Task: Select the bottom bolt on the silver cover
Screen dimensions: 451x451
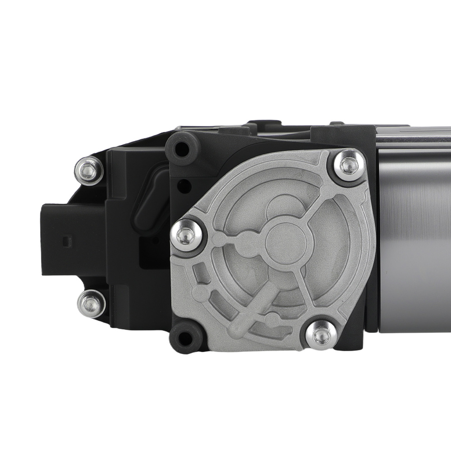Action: (319, 334)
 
